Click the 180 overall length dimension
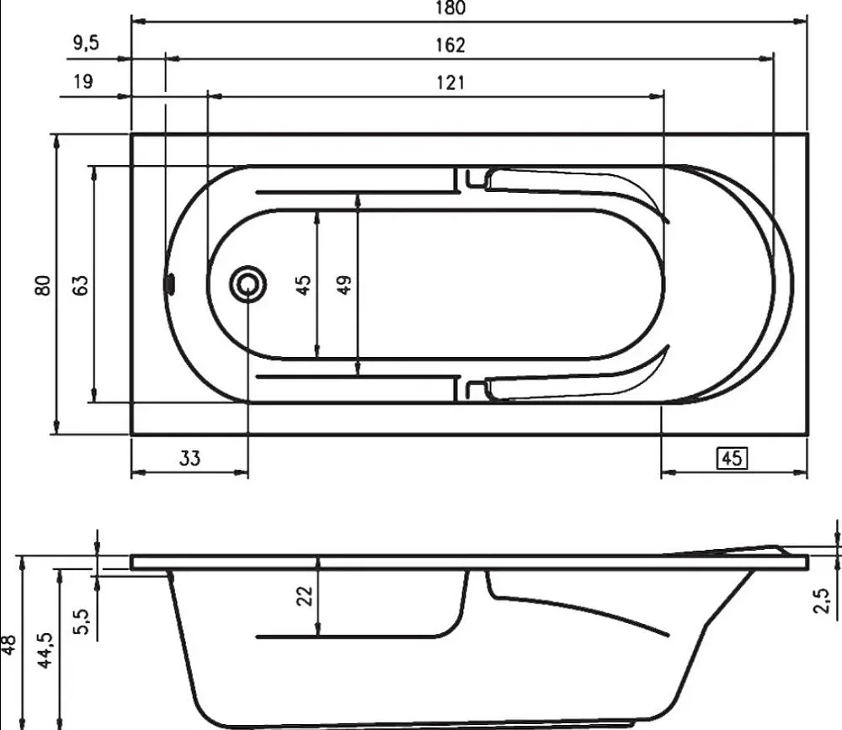(450, 8)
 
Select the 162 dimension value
(450, 45)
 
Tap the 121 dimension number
(450, 83)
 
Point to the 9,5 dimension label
(87, 43)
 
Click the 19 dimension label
(83, 82)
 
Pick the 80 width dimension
(42, 285)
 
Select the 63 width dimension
(79, 285)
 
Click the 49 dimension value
(344, 285)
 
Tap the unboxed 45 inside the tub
(303, 285)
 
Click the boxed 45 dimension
(732, 458)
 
